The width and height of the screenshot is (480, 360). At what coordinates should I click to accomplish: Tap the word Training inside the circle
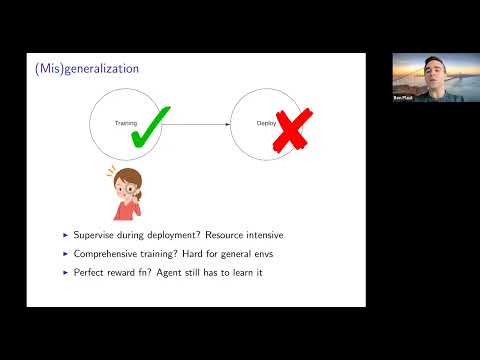(x=127, y=123)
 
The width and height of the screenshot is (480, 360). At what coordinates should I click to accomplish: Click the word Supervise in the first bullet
(x=96, y=235)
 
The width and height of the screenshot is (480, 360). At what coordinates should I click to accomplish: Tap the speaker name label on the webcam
(x=402, y=101)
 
